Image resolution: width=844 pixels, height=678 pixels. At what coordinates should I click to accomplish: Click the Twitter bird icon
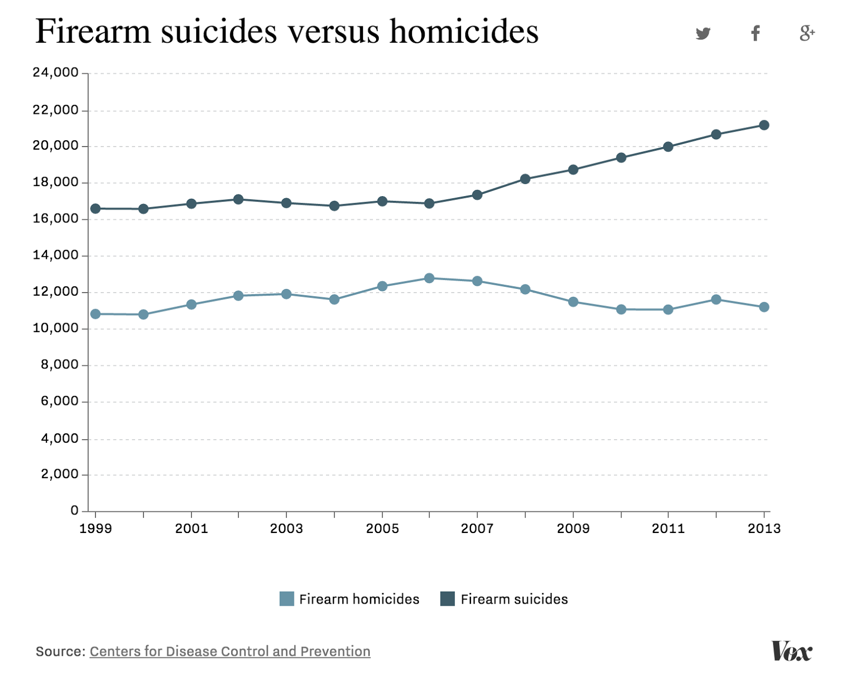coord(703,33)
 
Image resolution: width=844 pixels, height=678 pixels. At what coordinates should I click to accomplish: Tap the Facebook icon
coord(755,33)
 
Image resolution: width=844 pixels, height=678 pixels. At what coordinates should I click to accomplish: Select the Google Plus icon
coord(807,33)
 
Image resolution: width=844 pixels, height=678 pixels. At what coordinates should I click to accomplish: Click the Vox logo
coord(791,651)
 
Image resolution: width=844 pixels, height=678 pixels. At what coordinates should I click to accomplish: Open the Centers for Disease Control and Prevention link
coord(230,652)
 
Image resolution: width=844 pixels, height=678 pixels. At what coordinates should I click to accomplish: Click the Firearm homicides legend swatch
coord(286,599)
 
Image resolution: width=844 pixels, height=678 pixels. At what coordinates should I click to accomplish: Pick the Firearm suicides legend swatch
coord(447,599)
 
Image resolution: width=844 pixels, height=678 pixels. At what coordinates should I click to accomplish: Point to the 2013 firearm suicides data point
coord(764,125)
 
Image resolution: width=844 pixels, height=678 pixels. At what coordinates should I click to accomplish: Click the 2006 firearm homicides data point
coord(429,278)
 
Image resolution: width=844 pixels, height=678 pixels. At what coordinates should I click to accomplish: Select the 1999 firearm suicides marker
coord(95,209)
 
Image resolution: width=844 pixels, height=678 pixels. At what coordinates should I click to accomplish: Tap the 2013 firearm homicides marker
coord(764,307)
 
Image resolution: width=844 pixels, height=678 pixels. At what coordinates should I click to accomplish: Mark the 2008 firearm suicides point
coord(525,179)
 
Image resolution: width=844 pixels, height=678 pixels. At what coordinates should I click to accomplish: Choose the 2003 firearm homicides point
coord(286,294)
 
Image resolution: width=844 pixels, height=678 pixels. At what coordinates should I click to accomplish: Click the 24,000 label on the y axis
coord(55,72)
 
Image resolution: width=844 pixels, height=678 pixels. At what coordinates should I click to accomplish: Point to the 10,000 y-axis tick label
coord(55,328)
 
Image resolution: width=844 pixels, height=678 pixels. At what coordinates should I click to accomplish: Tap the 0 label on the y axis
coord(74,510)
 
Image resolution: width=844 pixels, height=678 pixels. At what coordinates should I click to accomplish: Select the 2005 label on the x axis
coord(382,528)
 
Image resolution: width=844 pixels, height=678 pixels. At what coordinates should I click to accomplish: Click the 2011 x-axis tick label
coord(668,528)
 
